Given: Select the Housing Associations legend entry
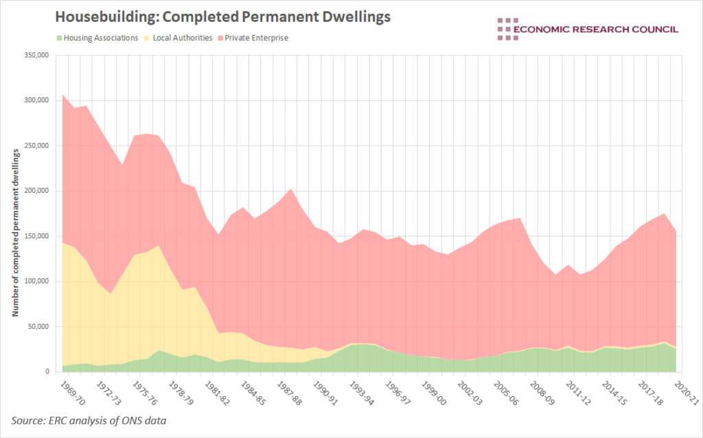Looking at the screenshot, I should coord(96,38).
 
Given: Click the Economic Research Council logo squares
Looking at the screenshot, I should coord(509,29).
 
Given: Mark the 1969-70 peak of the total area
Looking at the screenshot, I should coord(62,95).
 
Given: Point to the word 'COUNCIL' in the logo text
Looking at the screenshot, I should coord(652,29).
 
